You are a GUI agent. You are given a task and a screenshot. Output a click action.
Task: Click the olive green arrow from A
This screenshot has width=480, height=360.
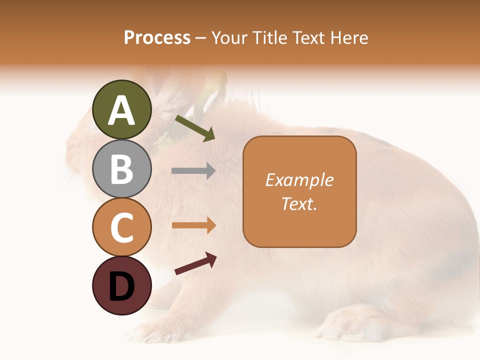[195, 128]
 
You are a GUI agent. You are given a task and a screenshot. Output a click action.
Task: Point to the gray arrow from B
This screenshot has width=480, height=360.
[193, 171]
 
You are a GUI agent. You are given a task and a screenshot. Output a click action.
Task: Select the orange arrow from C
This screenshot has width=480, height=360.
[193, 225]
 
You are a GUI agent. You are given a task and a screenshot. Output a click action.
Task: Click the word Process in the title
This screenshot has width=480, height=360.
[157, 37]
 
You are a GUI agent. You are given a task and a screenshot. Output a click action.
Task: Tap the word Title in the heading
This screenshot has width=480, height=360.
[268, 37]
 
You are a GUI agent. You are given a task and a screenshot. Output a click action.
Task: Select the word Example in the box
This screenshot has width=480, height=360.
[299, 180]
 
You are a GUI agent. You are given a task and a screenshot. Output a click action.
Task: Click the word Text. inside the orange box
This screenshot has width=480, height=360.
[299, 204]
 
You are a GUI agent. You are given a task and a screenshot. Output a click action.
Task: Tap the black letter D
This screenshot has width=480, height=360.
[121, 287]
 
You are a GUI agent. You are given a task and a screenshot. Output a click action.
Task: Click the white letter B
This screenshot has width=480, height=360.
[121, 169]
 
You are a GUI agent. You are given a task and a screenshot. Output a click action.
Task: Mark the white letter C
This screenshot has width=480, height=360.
[121, 227]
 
